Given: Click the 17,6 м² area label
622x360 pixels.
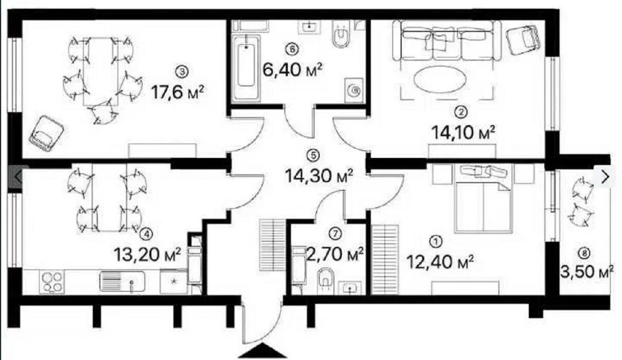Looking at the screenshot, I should (x=179, y=93).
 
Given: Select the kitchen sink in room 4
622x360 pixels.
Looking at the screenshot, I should (x=123, y=283).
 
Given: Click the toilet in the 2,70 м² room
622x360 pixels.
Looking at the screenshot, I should (x=325, y=279).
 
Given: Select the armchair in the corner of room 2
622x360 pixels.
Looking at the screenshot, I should (x=522, y=40).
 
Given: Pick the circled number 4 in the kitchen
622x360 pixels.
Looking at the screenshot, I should (x=146, y=234).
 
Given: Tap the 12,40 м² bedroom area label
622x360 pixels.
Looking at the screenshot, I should (x=440, y=259).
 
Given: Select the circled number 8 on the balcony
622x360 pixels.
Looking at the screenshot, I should (x=583, y=252).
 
